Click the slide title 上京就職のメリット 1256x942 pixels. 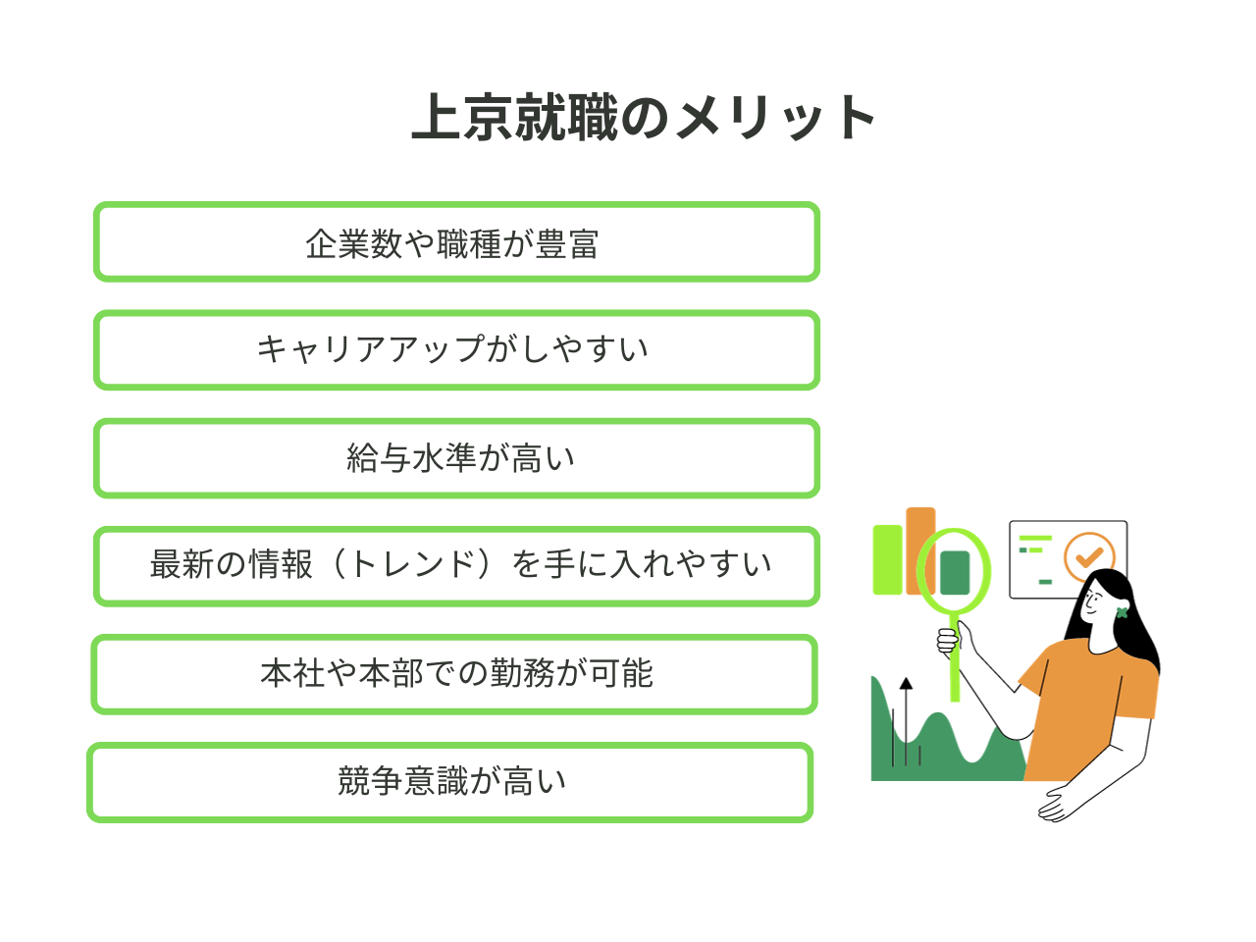[x=642, y=117]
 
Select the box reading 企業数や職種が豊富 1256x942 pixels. [x=456, y=241]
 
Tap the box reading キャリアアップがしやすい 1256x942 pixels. [x=456, y=350]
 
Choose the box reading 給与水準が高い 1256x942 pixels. [x=456, y=458]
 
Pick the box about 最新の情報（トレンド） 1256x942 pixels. [x=456, y=566]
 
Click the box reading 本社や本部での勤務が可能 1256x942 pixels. [x=454, y=674]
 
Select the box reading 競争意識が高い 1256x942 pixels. [x=449, y=782]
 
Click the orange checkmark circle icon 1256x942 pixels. [x=1089, y=556]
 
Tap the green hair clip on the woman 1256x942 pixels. [x=1123, y=612]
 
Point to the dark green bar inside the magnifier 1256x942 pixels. [x=955, y=572]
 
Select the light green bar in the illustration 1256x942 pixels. [x=887, y=559]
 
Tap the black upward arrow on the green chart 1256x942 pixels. [x=906, y=722]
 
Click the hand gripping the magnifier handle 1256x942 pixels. [x=949, y=641]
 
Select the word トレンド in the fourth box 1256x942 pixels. [x=411, y=564]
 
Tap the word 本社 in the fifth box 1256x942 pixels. [x=293, y=673]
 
